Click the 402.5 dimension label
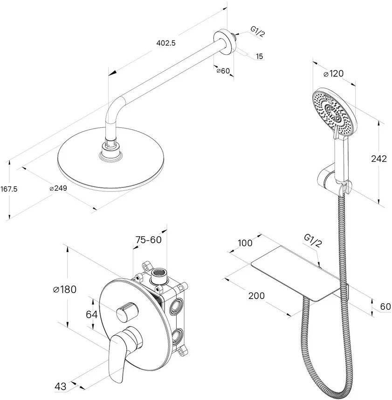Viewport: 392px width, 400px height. pyautogui.click(x=166, y=43)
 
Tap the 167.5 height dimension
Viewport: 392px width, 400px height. pyautogui.click(x=9, y=189)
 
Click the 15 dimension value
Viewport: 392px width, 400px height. pyautogui.click(x=259, y=57)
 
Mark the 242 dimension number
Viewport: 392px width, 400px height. pyautogui.click(x=379, y=159)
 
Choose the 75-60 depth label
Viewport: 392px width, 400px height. pyautogui.click(x=150, y=240)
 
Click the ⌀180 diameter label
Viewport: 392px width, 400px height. pyautogui.click(x=65, y=289)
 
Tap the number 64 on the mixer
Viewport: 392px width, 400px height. pyautogui.click(x=92, y=314)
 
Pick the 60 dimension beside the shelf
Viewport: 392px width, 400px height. pyautogui.click(x=385, y=307)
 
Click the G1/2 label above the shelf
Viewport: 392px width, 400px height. pyautogui.click(x=313, y=239)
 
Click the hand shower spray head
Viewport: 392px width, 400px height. pyautogui.click(x=334, y=109)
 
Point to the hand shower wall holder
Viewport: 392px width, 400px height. pyautogui.click(x=332, y=179)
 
